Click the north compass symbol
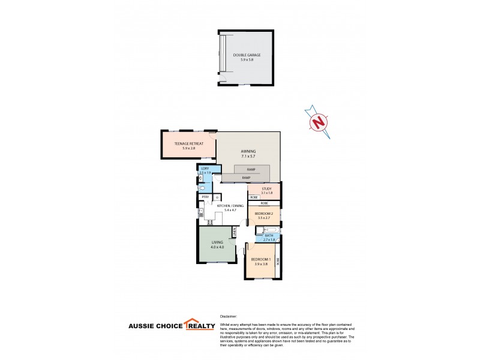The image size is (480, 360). [319, 122]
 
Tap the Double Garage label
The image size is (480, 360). [247, 56]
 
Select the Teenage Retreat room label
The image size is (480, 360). [189, 144]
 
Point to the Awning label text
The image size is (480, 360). [248, 151]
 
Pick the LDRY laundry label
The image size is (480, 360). [205, 169]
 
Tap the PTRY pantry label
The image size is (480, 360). [205, 197]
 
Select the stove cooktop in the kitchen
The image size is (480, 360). [211, 222]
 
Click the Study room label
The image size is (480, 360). [267, 189]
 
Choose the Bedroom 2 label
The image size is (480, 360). [264, 214]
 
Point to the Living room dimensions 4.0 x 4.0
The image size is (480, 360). [217, 247]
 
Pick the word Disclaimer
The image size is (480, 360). [229, 316]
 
